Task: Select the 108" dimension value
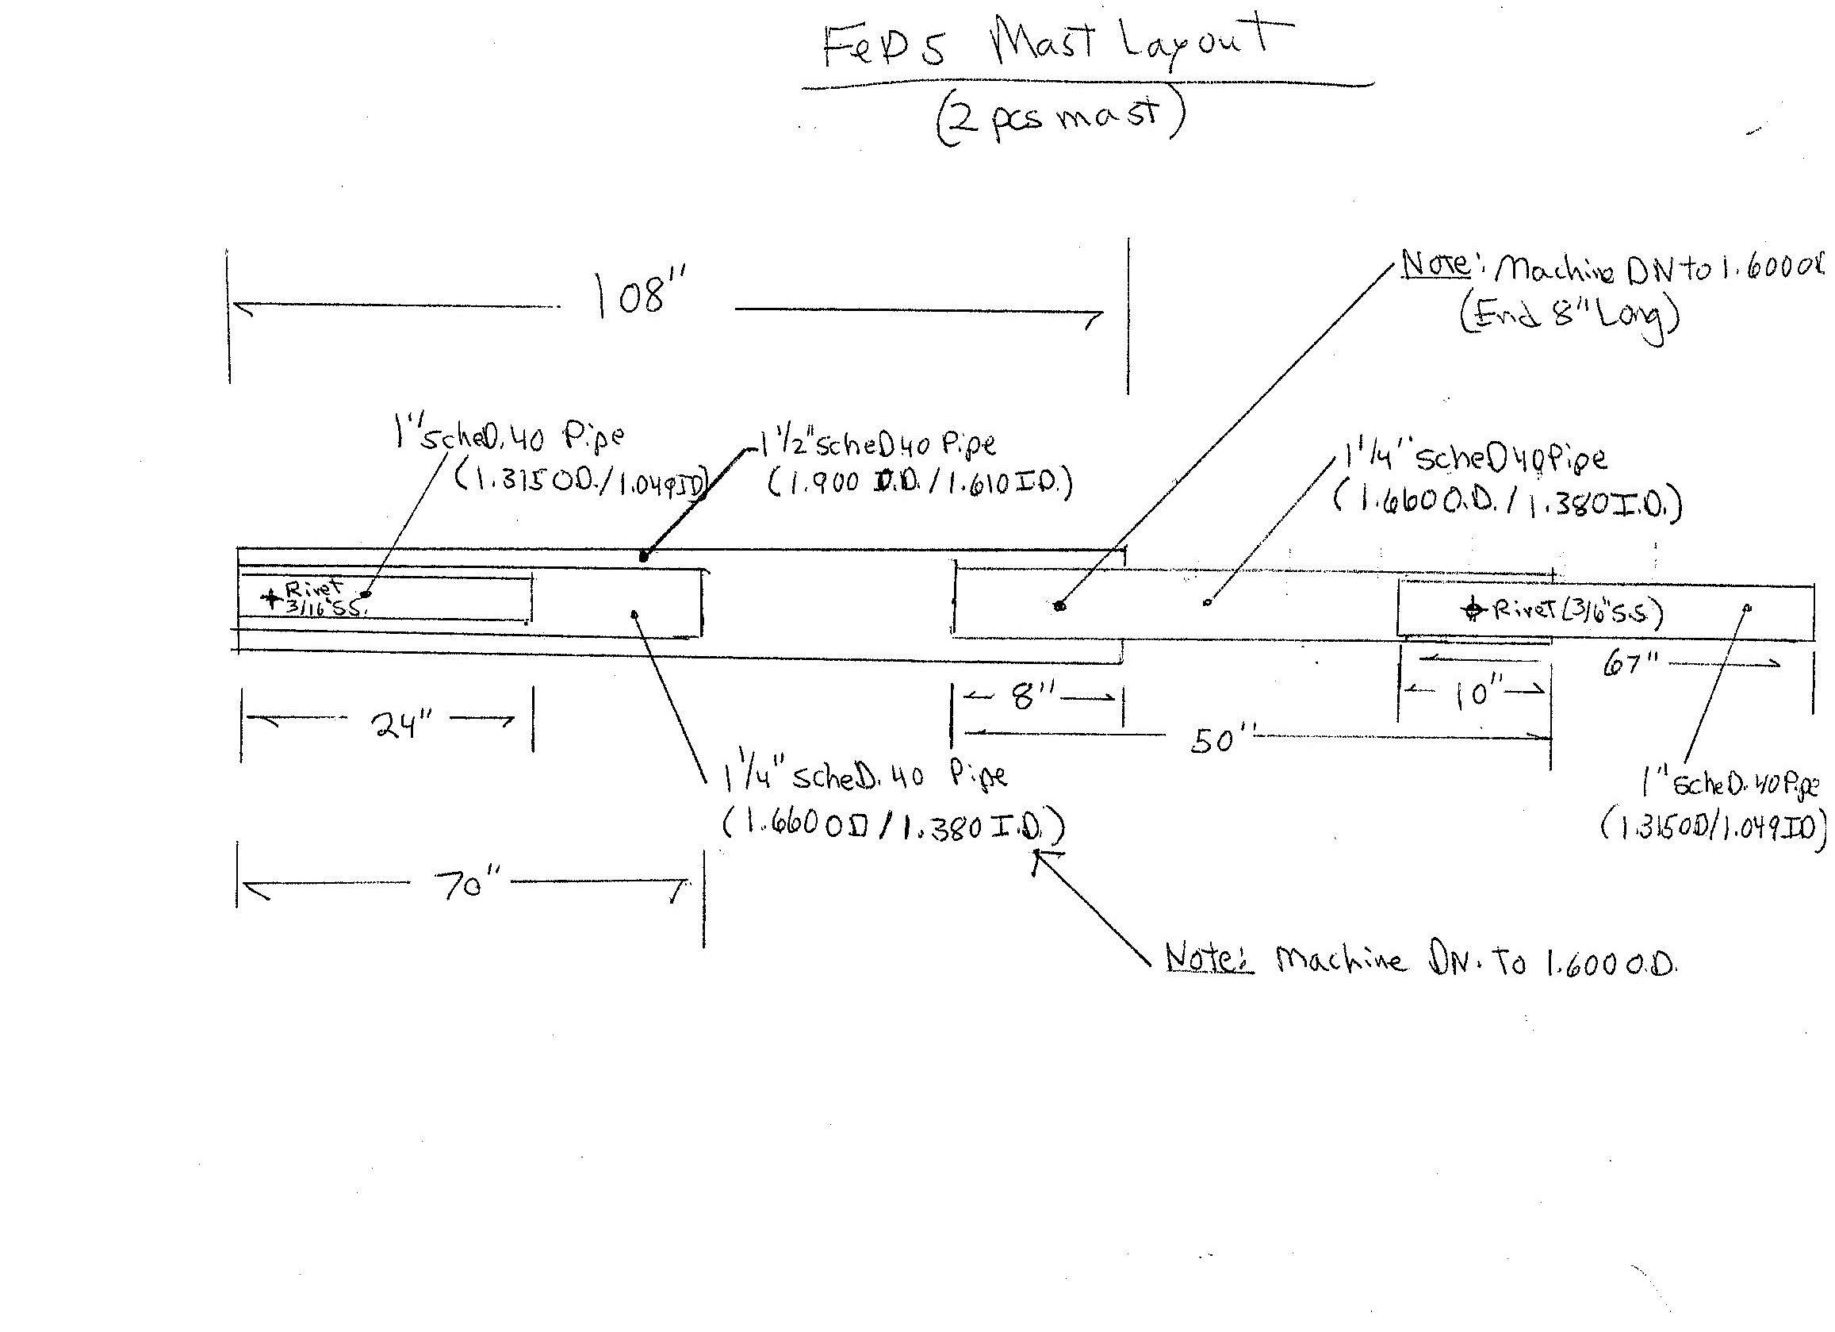point(639,294)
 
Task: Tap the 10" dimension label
point(1472,693)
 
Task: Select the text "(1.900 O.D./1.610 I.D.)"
point(919,484)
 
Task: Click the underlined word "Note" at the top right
point(1435,263)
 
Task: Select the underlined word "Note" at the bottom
point(1209,958)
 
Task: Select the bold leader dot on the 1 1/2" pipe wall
point(644,556)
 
